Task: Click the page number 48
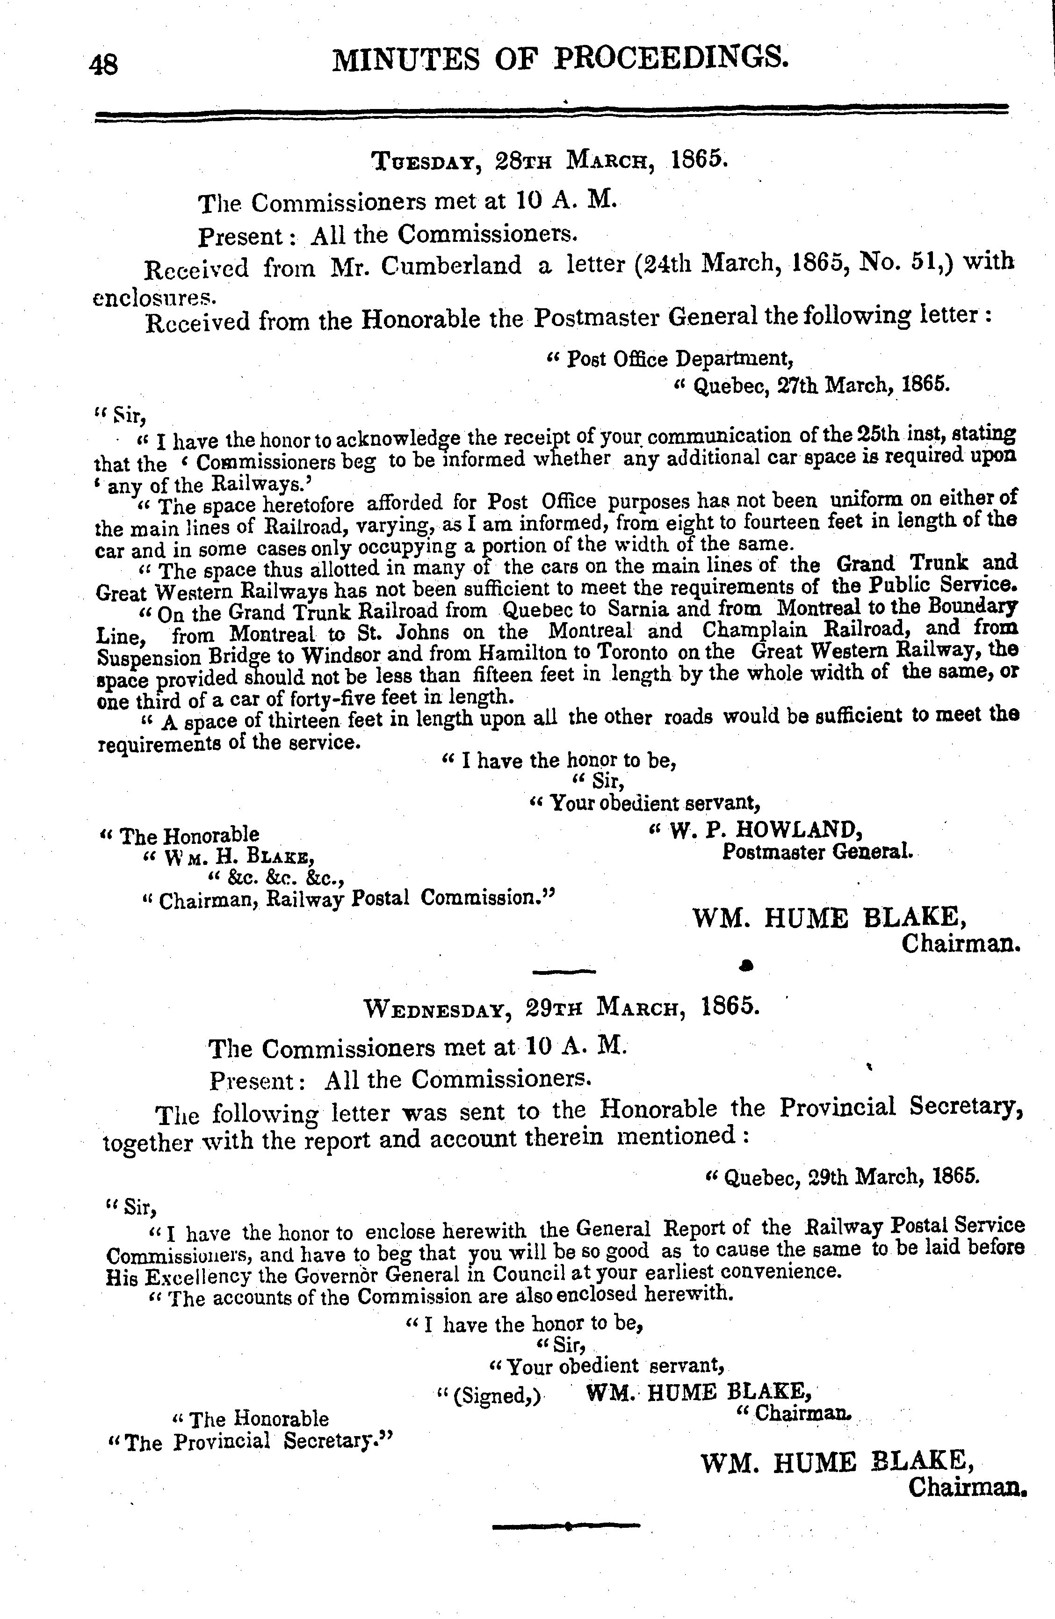point(103,65)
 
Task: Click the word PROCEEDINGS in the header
point(672,58)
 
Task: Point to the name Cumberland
point(451,265)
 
